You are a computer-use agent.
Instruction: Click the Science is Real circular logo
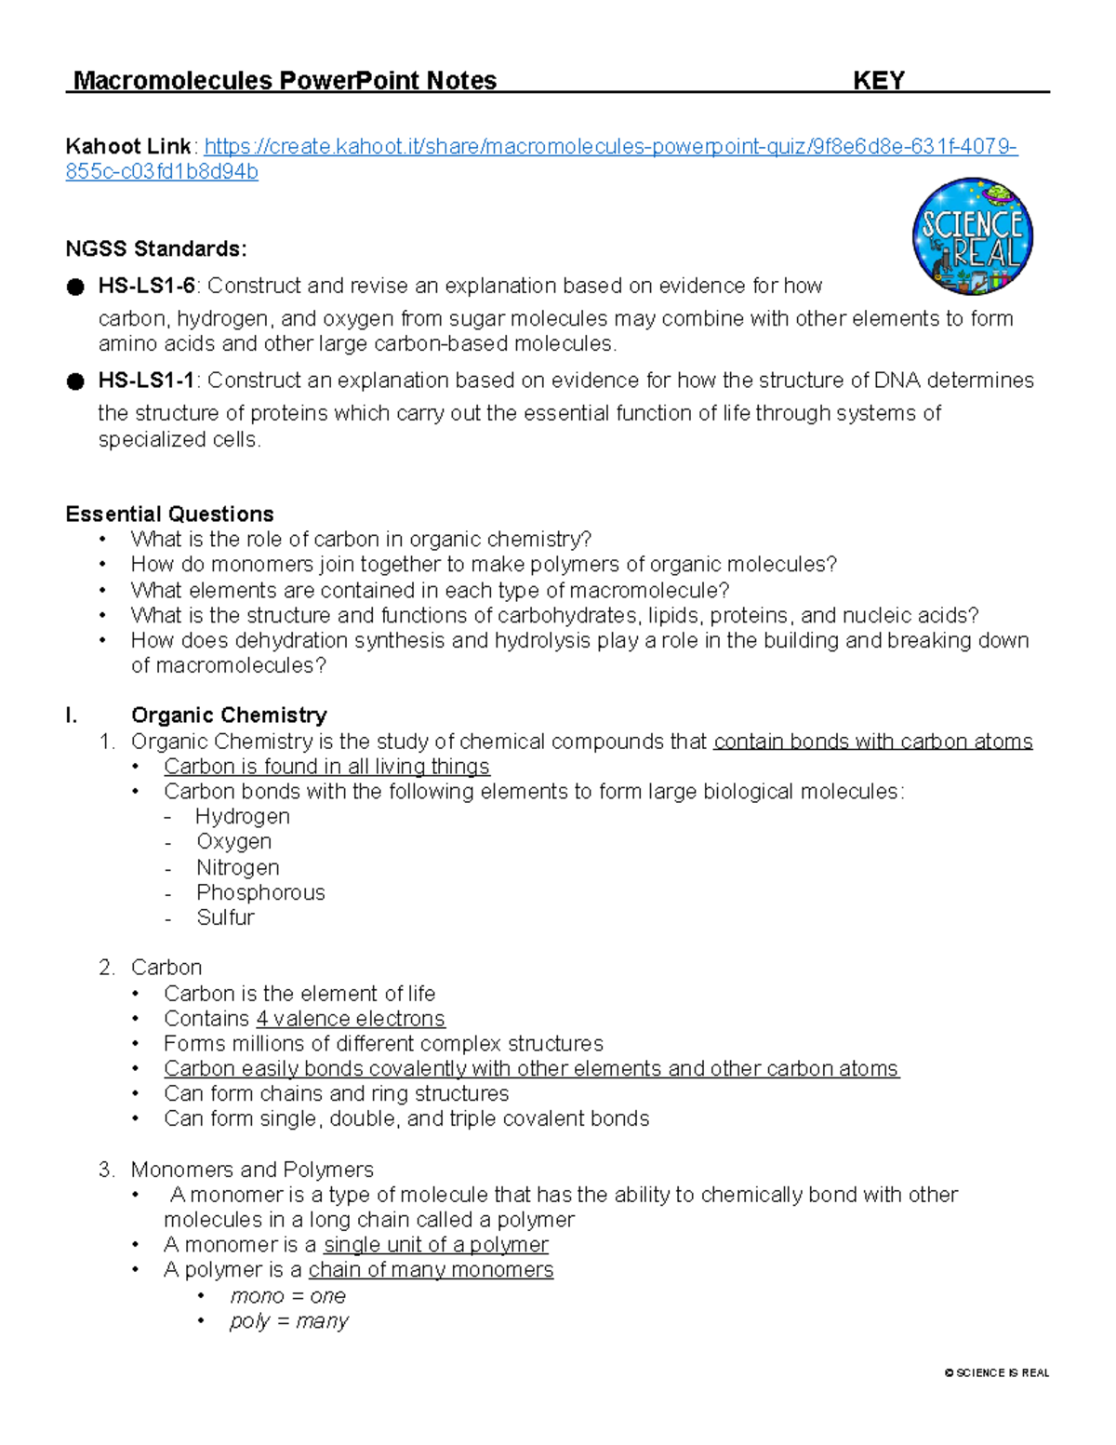(972, 236)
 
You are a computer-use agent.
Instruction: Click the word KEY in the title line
(878, 81)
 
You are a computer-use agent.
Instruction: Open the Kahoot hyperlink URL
(610, 147)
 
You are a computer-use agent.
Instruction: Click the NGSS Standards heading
(156, 248)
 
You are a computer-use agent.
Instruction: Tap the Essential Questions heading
(169, 514)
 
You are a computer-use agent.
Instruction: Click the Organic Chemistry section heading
(229, 715)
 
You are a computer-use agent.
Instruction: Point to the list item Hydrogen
(243, 816)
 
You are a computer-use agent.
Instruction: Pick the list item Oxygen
(234, 841)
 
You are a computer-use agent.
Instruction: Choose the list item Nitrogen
(238, 867)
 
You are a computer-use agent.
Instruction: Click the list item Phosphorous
(260, 892)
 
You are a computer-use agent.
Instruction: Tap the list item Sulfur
(225, 917)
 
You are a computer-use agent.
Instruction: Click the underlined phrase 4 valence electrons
(351, 1019)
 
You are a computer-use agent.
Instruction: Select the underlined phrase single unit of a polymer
(435, 1245)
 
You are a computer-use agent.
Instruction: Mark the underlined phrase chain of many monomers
(431, 1270)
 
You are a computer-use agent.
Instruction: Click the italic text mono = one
(287, 1296)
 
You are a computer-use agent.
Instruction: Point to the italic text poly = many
(288, 1321)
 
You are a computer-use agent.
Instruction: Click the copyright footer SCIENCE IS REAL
(997, 1372)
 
